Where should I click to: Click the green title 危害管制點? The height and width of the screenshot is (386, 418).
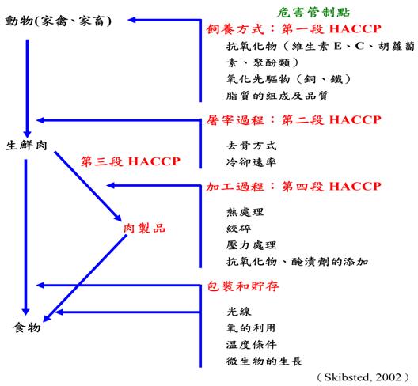(313, 12)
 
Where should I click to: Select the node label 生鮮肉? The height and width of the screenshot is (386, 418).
(26, 146)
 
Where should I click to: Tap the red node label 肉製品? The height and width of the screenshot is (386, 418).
(145, 229)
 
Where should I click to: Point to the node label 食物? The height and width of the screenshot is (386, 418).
(27, 327)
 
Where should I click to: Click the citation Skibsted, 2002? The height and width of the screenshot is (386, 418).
(363, 377)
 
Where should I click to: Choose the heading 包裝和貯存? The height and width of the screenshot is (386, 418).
(243, 286)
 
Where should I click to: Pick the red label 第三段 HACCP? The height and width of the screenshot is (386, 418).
(131, 161)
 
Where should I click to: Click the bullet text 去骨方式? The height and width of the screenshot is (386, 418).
(252, 146)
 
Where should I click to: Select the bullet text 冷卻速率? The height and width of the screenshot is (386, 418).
(252, 162)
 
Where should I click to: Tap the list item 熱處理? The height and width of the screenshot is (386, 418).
(245, 212)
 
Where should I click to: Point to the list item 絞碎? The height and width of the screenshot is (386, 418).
(238, 229)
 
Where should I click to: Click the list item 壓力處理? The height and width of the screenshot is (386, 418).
(252, 245)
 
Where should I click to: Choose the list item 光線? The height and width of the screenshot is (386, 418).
(238, 312)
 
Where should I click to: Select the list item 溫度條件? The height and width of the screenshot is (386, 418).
(252, 345)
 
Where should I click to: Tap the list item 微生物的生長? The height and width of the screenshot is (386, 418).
(264, 361)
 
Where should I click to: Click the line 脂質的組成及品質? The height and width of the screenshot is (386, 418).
(277, 96)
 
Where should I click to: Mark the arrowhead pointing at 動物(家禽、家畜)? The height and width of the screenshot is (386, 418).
(131, 20)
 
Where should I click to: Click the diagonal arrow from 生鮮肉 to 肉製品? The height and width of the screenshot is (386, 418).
(88, 186)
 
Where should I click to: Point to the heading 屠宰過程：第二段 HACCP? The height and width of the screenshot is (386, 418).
(294, 120)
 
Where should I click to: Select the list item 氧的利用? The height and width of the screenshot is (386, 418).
(252, 328)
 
